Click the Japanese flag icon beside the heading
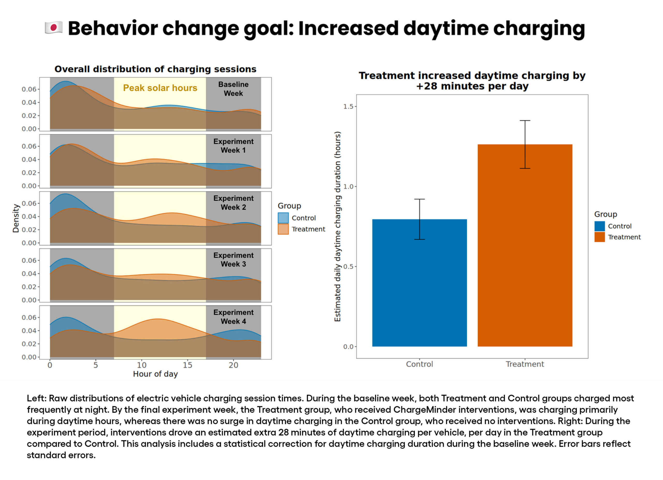tap(54, 28)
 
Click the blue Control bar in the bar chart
tap(419, 283)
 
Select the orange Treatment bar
tap(524, 246)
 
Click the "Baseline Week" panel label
tap(233, 89)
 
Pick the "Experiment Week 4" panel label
tap(233, 317)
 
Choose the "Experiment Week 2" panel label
tap(233, 203)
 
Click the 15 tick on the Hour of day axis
tap(188, 365)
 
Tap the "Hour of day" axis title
tap(155, 374)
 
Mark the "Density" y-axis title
tap(16, 218)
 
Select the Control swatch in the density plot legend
tap(283, 218)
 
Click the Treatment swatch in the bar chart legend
tap(599, 237)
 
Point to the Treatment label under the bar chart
tap(525, 364)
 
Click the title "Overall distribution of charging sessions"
tap(155, 69)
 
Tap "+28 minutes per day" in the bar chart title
tap(472, 87)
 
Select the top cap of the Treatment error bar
tap(525, 120)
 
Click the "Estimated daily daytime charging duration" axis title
tap(337, 227)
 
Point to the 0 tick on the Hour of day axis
tap(50, 365)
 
